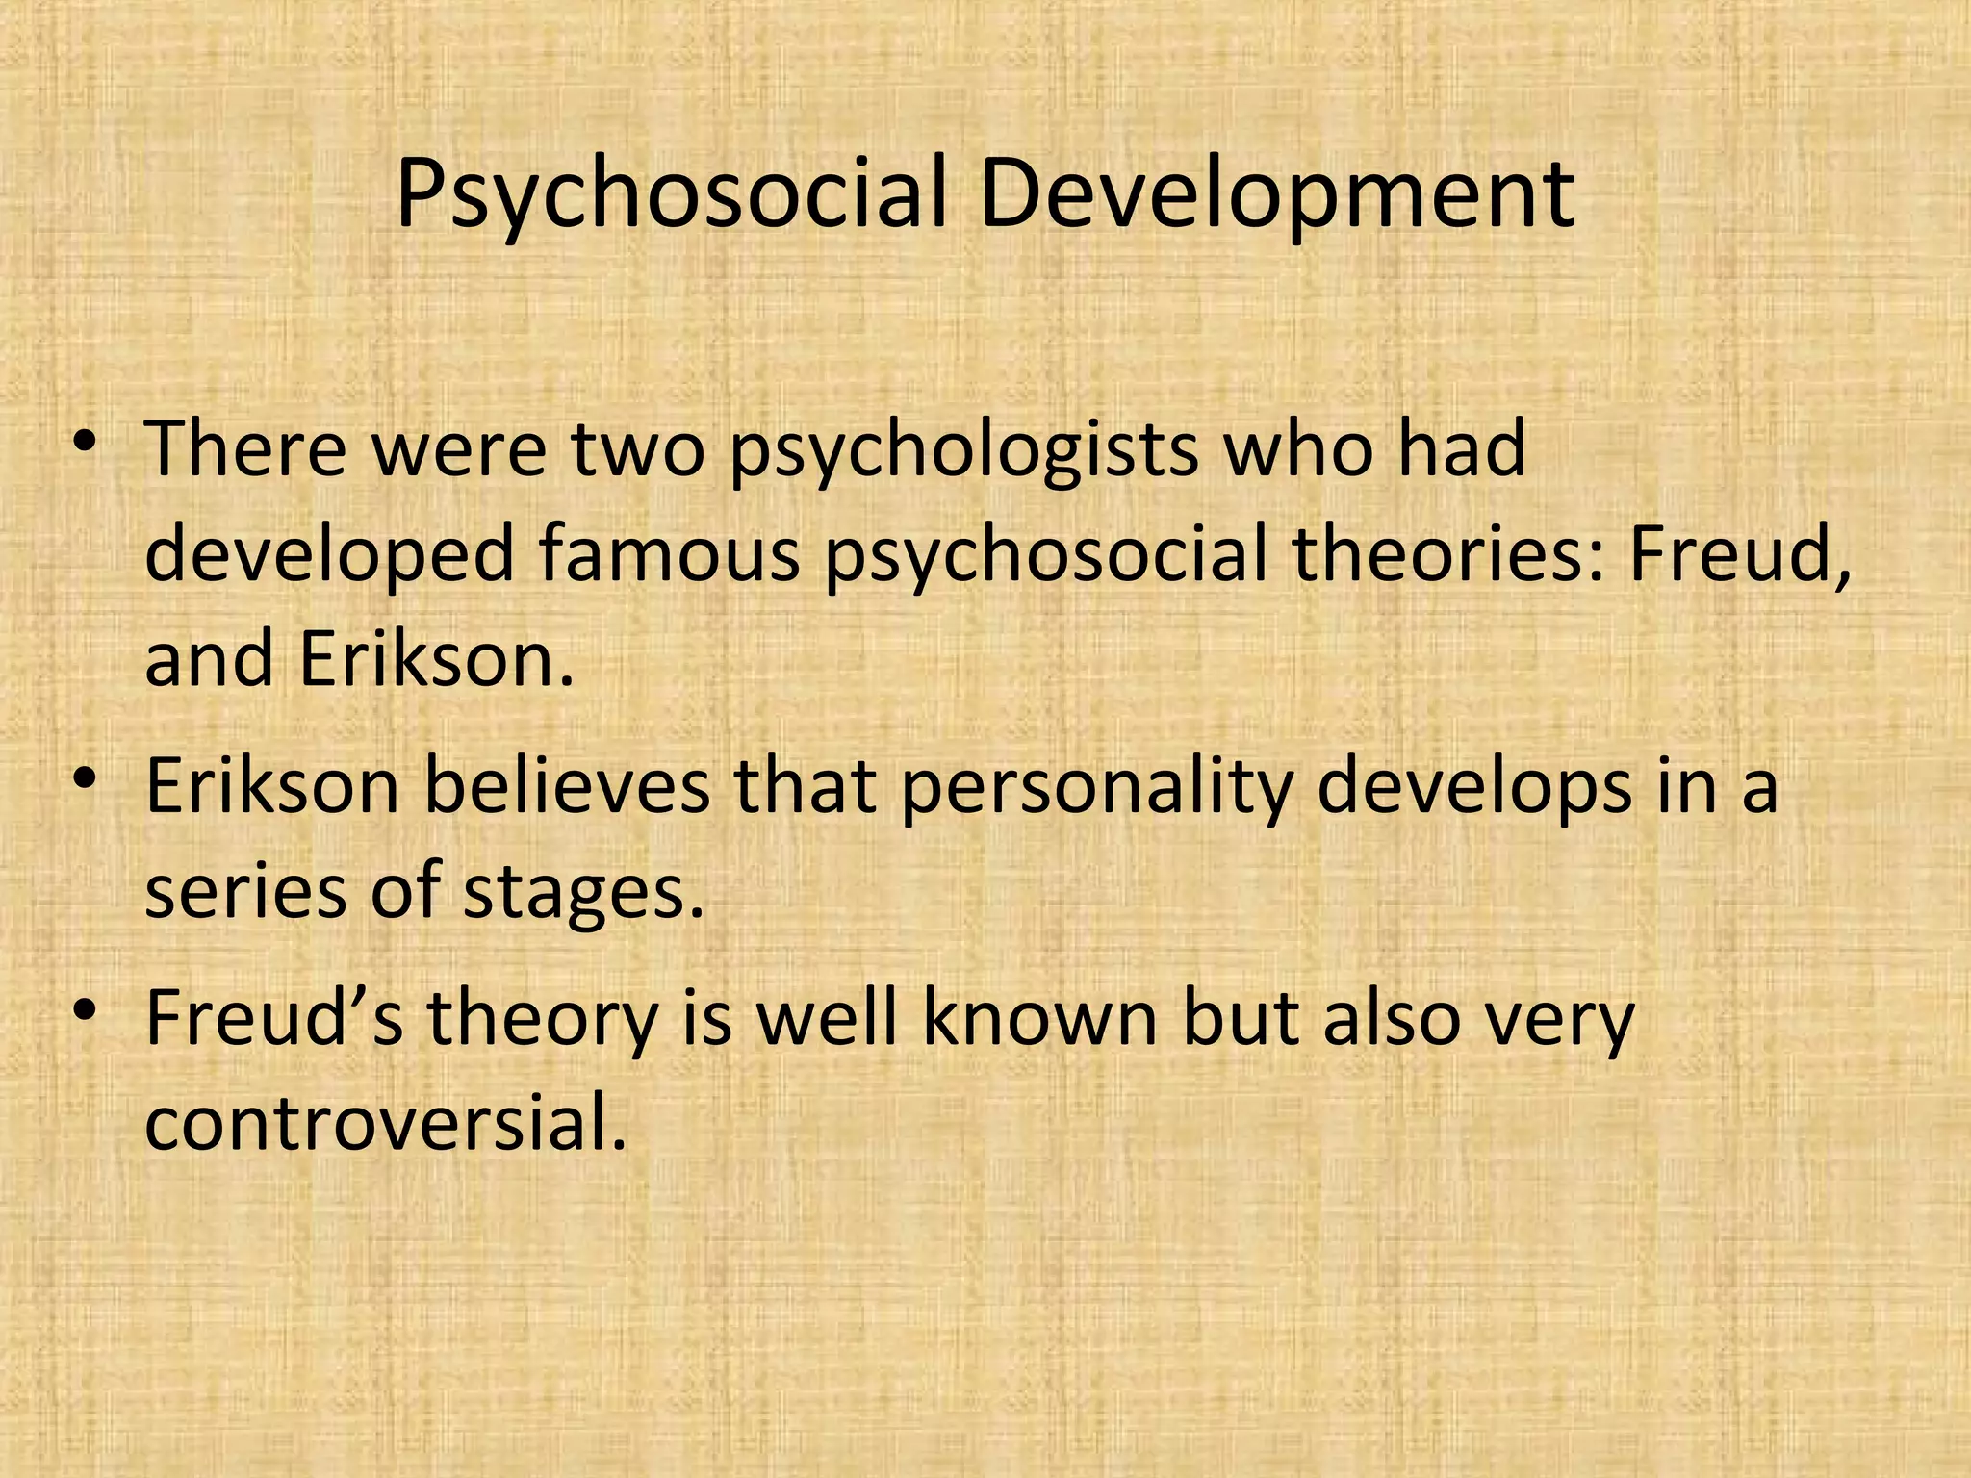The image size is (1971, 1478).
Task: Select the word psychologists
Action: point(963,450)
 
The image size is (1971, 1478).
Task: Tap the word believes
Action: point(567,786)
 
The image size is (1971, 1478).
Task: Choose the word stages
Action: point(583,894)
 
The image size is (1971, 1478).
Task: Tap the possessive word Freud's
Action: point(274,1018)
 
